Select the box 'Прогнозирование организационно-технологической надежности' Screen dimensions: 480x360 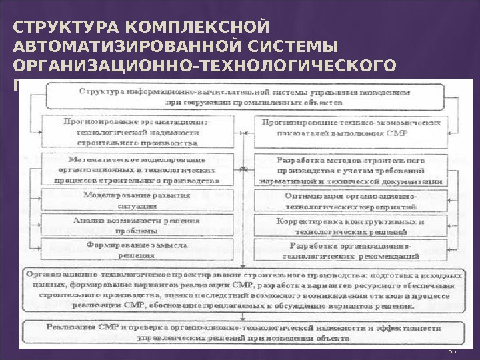(x=138, y=132)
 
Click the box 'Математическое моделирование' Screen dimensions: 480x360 (x=138, y=170)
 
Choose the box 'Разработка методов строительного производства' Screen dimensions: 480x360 (x=350, y=171)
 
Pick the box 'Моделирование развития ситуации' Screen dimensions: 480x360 (x=138, y=201)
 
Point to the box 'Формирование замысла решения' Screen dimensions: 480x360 (x=138, y=249)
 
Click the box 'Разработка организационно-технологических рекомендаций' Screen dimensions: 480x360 (x=350, y=249)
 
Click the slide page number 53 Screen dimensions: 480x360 (x=451, y=351)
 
